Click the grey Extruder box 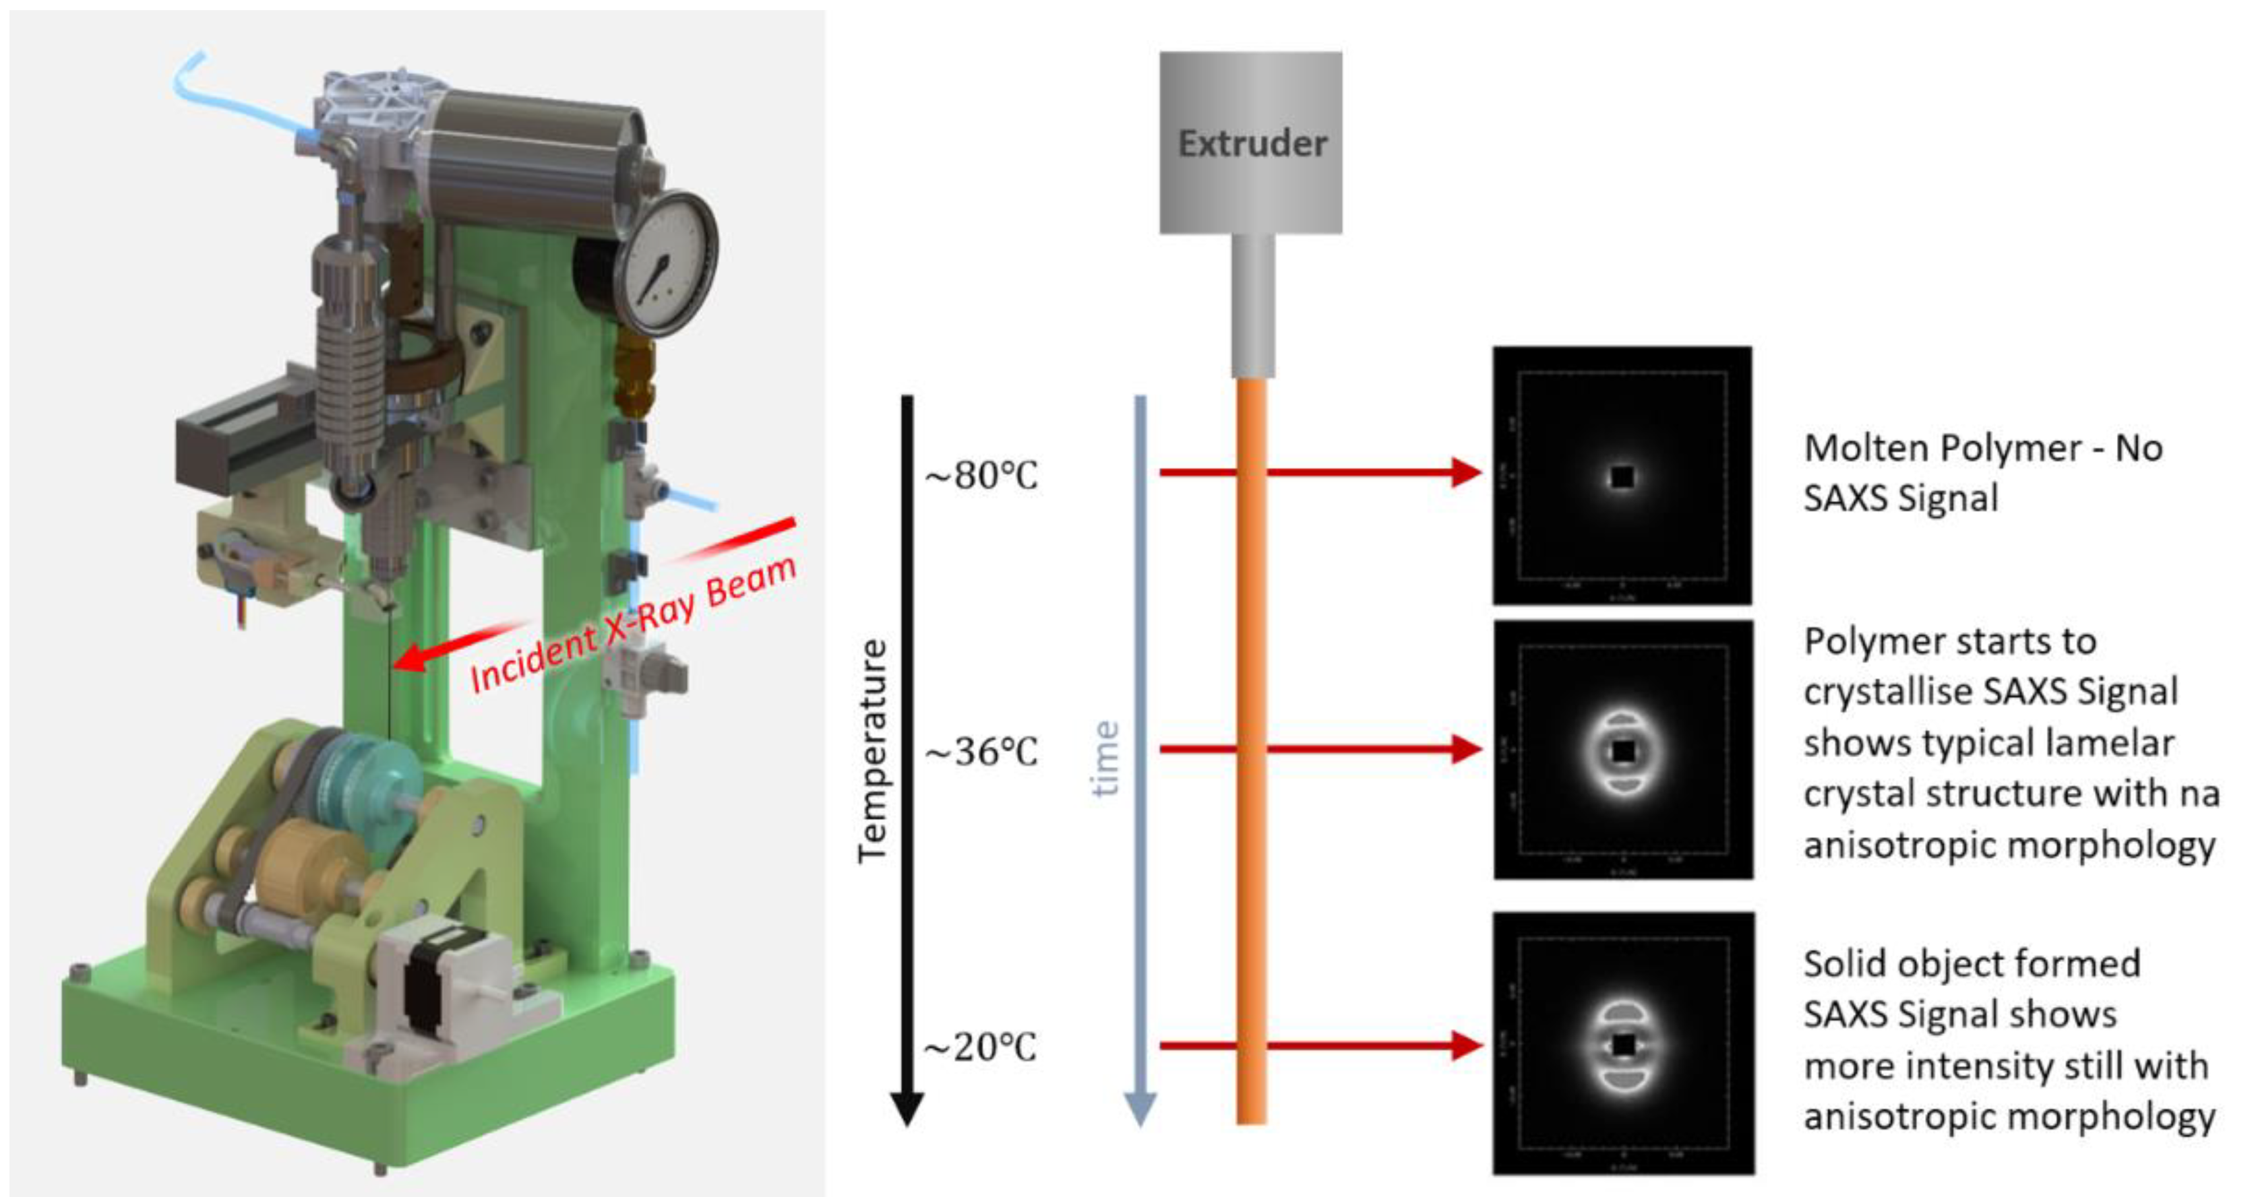[1250, 143]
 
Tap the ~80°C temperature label [981, 476]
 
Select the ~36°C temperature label [981, 752]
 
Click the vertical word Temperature [873, 751]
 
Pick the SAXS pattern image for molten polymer [1622, 476]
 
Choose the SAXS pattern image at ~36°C [1622, 750]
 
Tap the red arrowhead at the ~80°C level [1465, 472]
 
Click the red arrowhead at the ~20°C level [1465, 1045]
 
